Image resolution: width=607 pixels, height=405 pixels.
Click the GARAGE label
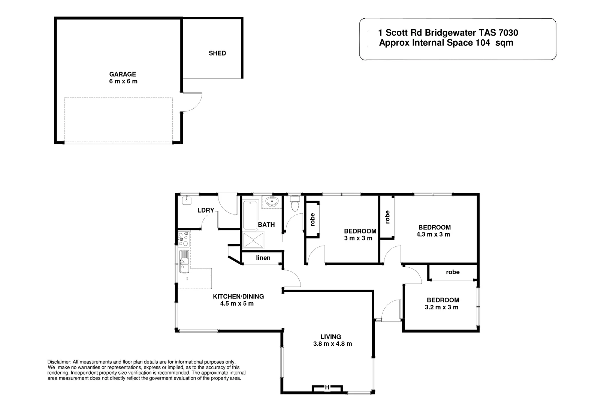click(123, 74)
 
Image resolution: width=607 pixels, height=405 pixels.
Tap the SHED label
click(217, 53)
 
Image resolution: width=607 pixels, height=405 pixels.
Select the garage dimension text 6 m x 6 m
click(123, 81)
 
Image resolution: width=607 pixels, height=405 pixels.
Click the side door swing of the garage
click(192, 102)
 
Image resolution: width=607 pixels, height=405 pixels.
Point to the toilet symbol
click(295, 204)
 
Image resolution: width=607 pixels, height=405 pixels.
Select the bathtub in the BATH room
click(250, 215)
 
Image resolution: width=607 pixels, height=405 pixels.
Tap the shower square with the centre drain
click(253, 240)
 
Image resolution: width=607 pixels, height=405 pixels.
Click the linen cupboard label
click(263, 258)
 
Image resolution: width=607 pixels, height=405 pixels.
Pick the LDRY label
click(206, 210)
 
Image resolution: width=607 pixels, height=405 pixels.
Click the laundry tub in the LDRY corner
click(186, 200)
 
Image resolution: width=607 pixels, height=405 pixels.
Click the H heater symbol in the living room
click(327, 387)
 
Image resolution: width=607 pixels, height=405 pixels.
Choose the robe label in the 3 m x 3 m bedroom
click(312, 220)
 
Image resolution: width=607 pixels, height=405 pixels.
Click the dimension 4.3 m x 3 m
click(433, 234)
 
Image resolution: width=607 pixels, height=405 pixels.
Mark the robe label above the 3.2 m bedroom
click(453, 272)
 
